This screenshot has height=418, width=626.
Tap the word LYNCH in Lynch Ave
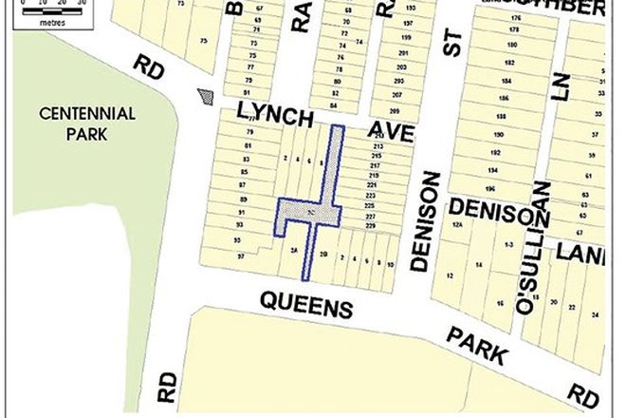click(x=275, y=117)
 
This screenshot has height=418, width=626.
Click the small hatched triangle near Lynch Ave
click(x=205, y=96)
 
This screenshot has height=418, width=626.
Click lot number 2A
click(x=295, y=250)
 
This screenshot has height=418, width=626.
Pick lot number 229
click(x=369, y=226)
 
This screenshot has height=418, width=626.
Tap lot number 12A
click(x=457, y=225)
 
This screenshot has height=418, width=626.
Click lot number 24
click(x=595, y=313)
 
